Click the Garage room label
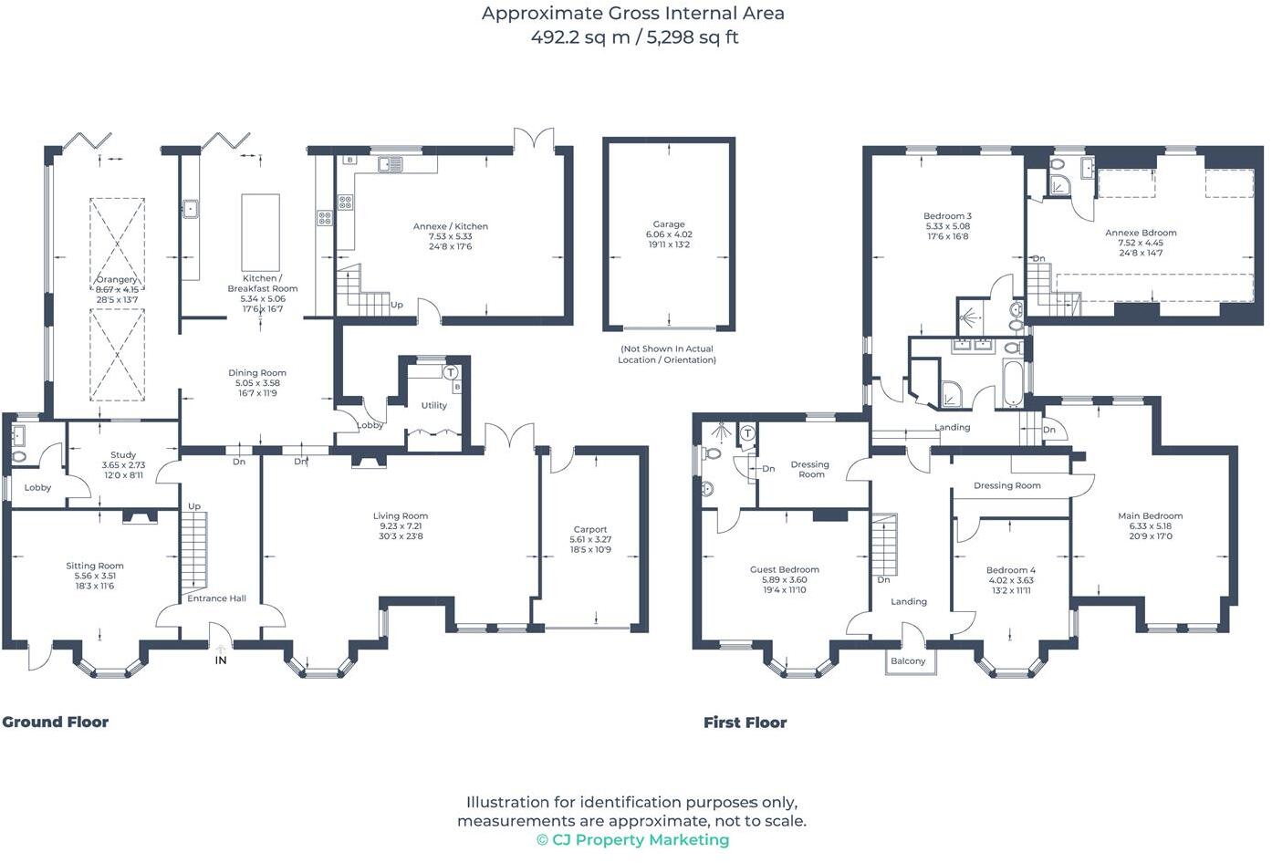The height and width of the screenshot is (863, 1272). [668, 224]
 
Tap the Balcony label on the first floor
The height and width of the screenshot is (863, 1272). [907, 661]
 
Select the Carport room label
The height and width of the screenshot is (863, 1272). [589, 529]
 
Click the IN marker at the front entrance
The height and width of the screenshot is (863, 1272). [220, 660]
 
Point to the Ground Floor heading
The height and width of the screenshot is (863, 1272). [56, 722]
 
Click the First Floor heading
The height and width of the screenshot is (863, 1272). [745, 723]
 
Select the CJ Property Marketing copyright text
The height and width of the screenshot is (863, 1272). [632, 840]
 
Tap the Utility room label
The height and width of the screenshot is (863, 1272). [433, 405]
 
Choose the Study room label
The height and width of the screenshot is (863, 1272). [123, 454]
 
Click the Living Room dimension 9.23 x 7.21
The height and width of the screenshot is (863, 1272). [401, 526]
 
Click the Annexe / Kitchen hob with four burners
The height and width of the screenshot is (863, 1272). [346, 203]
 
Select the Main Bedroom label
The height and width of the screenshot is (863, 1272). [1150, 515]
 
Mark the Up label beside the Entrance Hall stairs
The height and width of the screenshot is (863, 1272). [194, 506]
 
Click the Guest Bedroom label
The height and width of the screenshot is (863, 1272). [784, 569]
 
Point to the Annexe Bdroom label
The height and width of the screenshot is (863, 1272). [1140, 233]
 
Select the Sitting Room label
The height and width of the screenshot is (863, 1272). [94, 566]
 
